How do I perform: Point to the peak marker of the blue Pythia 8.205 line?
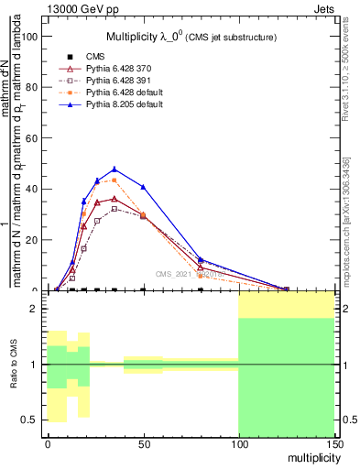pyautogui.click(x=114, y=169)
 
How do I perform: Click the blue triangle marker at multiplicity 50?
pyautogui.click(x=143, y=187)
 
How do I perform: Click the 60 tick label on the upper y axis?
pyautogui.click(x=31, y=138)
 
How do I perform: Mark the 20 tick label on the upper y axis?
pyautogui.click(x=31, y=240)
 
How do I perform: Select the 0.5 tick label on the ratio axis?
pyautogui.click(x=30, y=420)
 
